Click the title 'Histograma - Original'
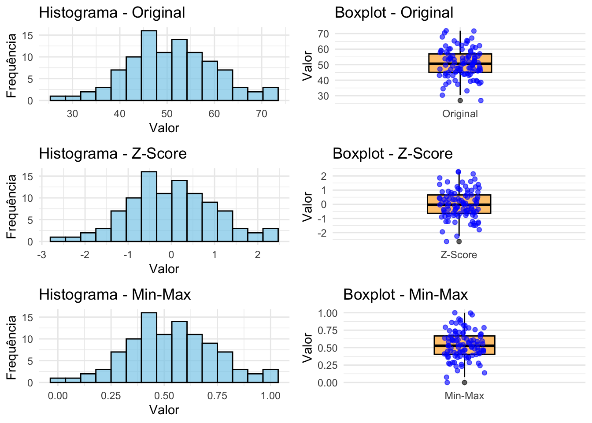(112, 12)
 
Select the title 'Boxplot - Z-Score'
(392, 153)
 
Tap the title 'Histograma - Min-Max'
(115, 294)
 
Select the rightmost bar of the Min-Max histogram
(270, 376)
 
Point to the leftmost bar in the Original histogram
(57, 98)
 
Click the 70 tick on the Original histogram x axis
(261, 114)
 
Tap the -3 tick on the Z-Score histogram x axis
(42, 255)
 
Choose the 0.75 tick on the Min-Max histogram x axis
(217, 396)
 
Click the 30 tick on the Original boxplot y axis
(323, 96)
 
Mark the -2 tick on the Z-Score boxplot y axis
(324, 233)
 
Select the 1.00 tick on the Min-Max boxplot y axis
(327, 313)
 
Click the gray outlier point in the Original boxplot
(460, 100)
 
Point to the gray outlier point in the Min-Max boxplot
(464, 382)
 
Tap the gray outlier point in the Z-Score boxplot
(459, 241)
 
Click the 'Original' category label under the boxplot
(460, 114)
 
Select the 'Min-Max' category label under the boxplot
(464, 396)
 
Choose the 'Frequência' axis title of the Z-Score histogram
(11, 206)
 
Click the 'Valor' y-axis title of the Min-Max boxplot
(307, 348)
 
